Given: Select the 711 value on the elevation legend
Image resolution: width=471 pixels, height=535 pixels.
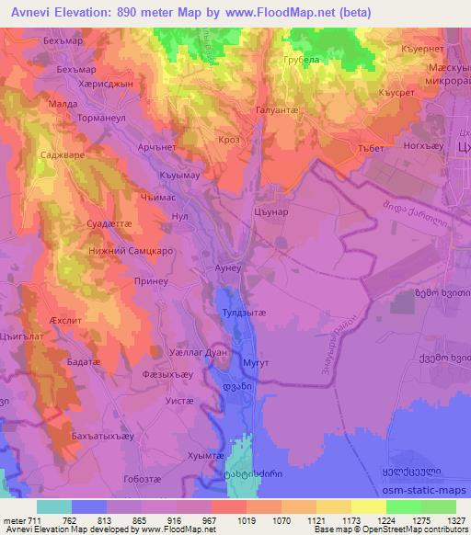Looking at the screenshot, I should click(35, 521).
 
